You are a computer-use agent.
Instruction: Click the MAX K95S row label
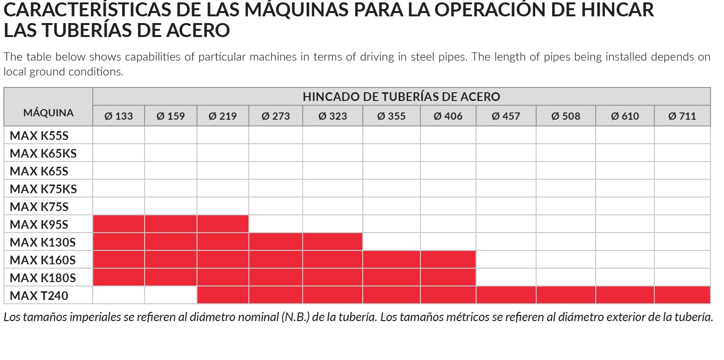(39, 224)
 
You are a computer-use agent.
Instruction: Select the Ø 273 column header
(275, 116)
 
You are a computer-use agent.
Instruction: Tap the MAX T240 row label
(39, 296)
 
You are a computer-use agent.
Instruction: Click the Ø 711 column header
(682, 116)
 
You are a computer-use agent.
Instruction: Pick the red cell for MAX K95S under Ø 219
(222, 224)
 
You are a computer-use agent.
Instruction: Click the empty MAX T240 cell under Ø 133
(119, 295)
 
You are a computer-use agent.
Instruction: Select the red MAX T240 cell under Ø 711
(682, 295)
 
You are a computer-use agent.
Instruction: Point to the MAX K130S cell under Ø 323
(332, 242)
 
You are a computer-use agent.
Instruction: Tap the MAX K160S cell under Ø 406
(448, 260)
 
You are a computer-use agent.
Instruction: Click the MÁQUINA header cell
(48, 113)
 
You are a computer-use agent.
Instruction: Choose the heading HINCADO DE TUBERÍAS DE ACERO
(401, 97)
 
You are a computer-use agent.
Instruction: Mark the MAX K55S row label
(39, 136)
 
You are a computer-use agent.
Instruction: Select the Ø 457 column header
(505, 116)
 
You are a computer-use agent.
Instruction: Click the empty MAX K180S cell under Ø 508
(565, 277)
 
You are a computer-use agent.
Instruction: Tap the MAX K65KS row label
(43, 153)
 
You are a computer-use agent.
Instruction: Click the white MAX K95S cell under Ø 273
(275, 224)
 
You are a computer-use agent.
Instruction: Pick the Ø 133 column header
(118, 116)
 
